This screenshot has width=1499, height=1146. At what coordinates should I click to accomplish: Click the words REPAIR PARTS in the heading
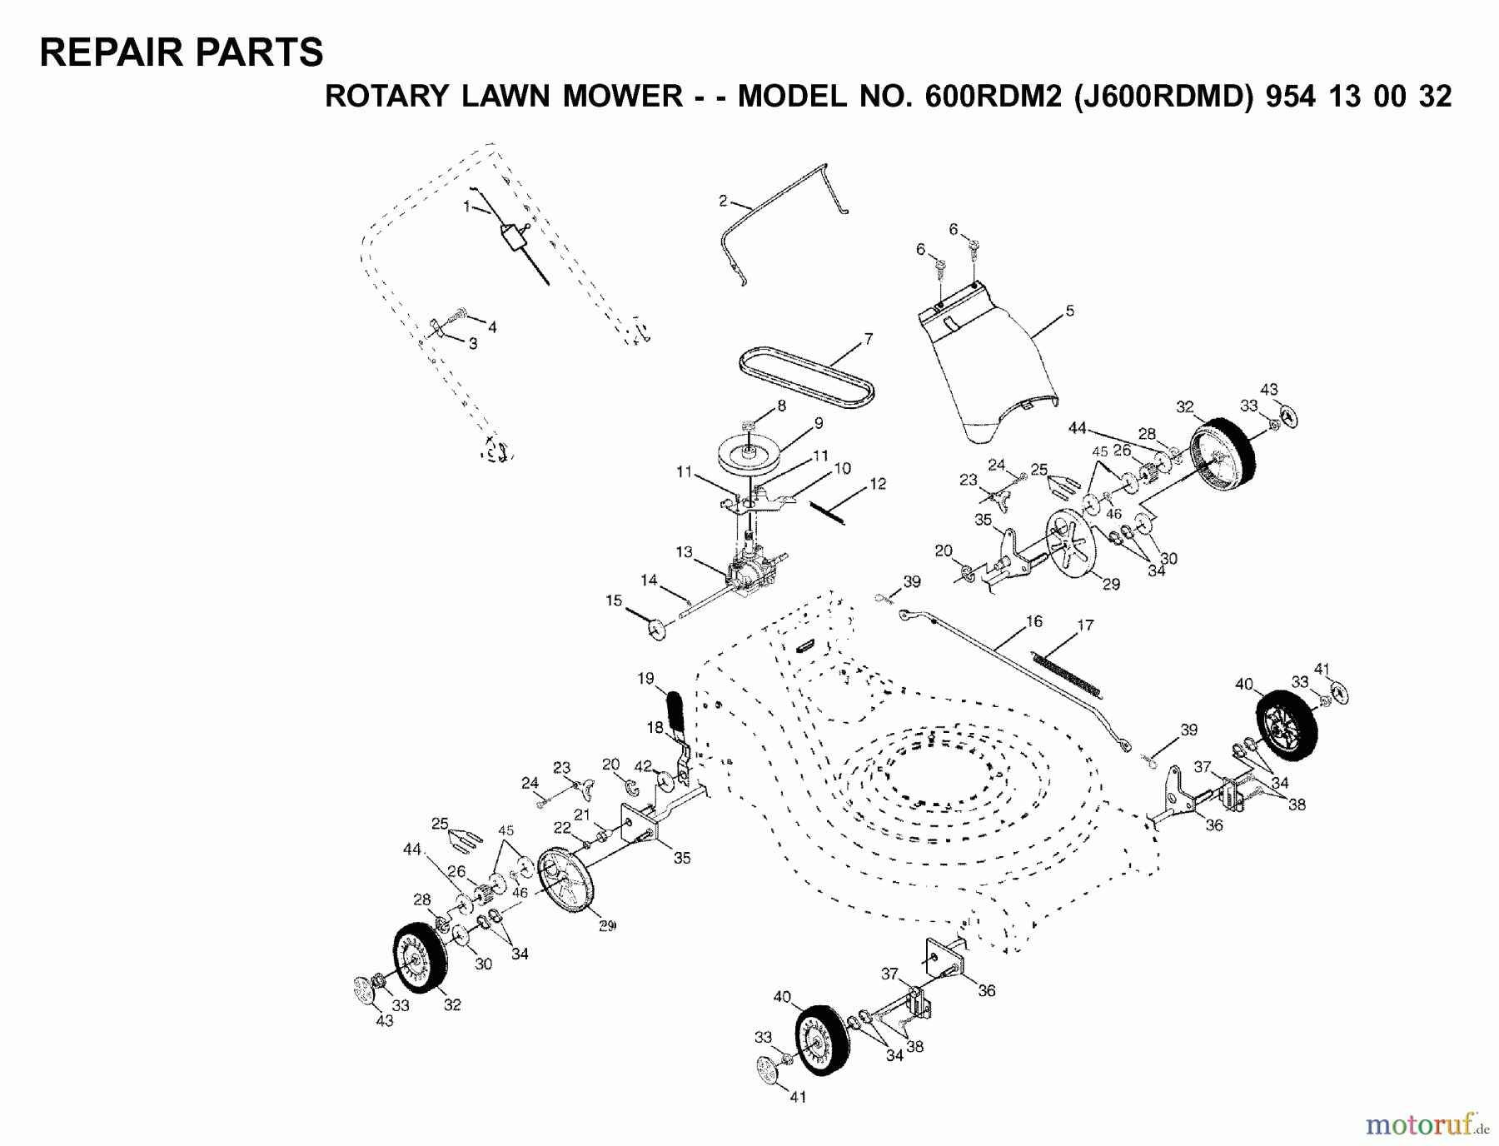pos(182,52)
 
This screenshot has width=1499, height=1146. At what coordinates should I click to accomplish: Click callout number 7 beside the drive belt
pos(868,339)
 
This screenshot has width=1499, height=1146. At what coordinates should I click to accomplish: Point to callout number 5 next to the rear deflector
pos(1069,311)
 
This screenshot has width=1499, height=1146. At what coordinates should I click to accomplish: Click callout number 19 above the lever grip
pos(646,678)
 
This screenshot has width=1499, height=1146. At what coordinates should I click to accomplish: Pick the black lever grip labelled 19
pos(675,710)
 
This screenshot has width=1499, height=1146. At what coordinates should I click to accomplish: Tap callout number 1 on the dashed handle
pos(467,205)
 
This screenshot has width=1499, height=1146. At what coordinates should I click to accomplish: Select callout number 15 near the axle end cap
pos(614,600)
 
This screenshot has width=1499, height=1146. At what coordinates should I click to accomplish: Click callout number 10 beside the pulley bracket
pos(842,469)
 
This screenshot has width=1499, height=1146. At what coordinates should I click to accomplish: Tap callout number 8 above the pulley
pos(780,406)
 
